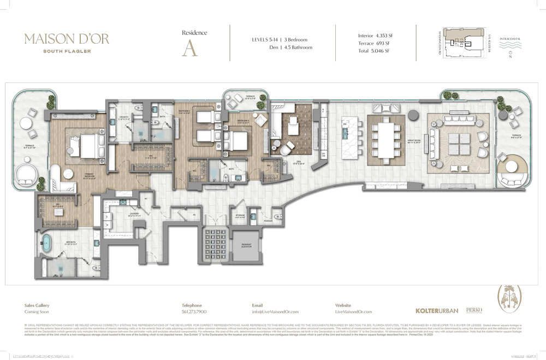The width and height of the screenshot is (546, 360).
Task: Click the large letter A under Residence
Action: pyautogui.click(x=189, y=48)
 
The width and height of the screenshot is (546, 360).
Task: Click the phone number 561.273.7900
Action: pyautogui.click(x=193, y=311)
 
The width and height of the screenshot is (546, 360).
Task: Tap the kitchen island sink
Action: pyautogui.click(x=345, y=125)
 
